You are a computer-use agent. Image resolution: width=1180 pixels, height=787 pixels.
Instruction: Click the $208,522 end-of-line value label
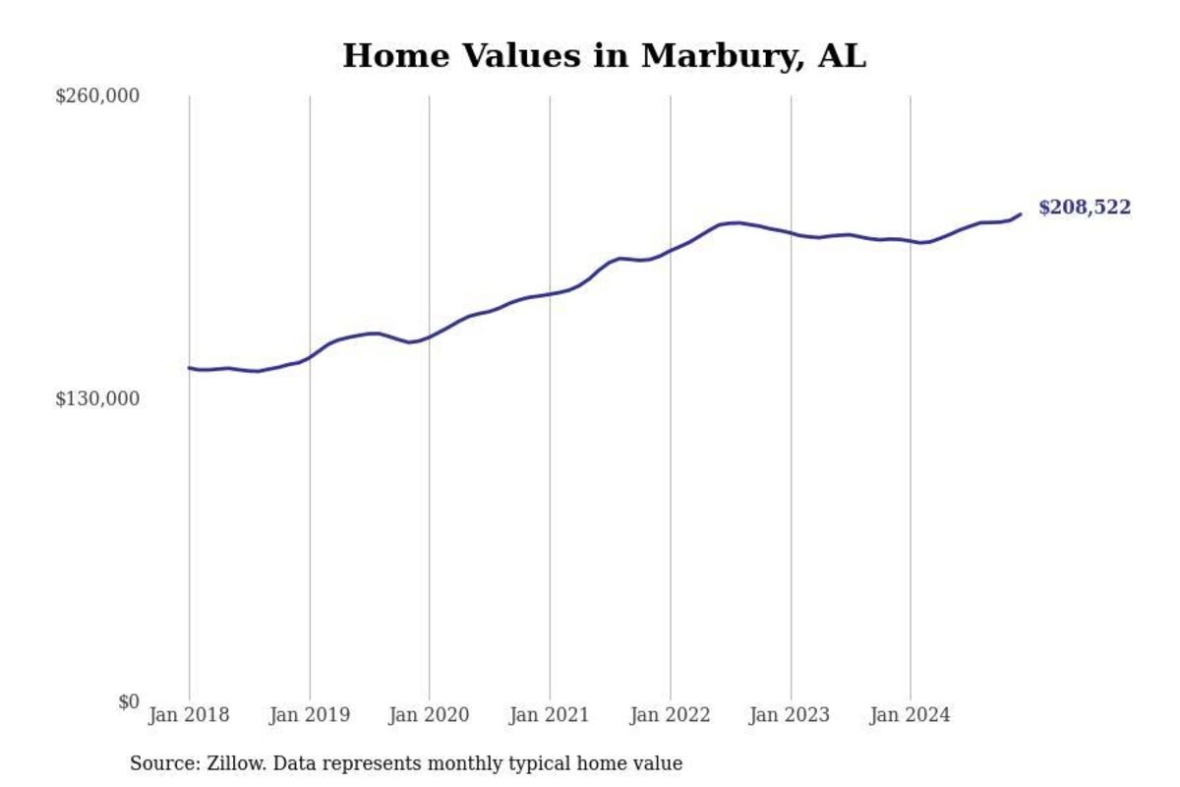[1085, 208]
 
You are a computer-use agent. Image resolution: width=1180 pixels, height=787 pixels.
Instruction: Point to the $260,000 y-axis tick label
[97, 95]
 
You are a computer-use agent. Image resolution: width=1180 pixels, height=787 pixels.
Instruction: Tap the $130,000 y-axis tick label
[97, 398]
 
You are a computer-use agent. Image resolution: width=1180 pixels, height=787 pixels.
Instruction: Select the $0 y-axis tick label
[129, 701]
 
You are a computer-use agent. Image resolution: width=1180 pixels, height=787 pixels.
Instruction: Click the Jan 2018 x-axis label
[189, 715]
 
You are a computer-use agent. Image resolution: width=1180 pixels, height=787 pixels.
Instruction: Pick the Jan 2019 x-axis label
[309, 715]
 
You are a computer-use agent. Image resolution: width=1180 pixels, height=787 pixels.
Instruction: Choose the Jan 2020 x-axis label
[429, 715]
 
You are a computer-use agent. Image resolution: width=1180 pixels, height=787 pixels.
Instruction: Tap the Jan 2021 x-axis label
[549, 715]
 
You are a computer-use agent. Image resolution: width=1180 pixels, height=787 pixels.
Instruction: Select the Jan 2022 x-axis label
[670, 715]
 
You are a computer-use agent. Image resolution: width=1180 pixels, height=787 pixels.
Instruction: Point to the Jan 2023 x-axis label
[790, 715]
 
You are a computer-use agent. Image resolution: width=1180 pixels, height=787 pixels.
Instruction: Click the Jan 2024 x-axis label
[910, 715]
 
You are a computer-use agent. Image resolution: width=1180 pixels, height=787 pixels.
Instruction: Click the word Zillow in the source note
[229, 763]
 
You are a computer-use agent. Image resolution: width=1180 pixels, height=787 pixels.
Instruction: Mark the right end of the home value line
[1021, 213]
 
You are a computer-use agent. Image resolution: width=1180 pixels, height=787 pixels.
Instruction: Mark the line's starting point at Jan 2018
[189, 368]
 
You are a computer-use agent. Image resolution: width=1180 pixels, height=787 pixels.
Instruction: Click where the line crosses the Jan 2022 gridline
[670, 250]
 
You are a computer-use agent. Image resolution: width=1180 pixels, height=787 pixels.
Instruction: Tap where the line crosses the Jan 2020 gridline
[429, 336]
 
